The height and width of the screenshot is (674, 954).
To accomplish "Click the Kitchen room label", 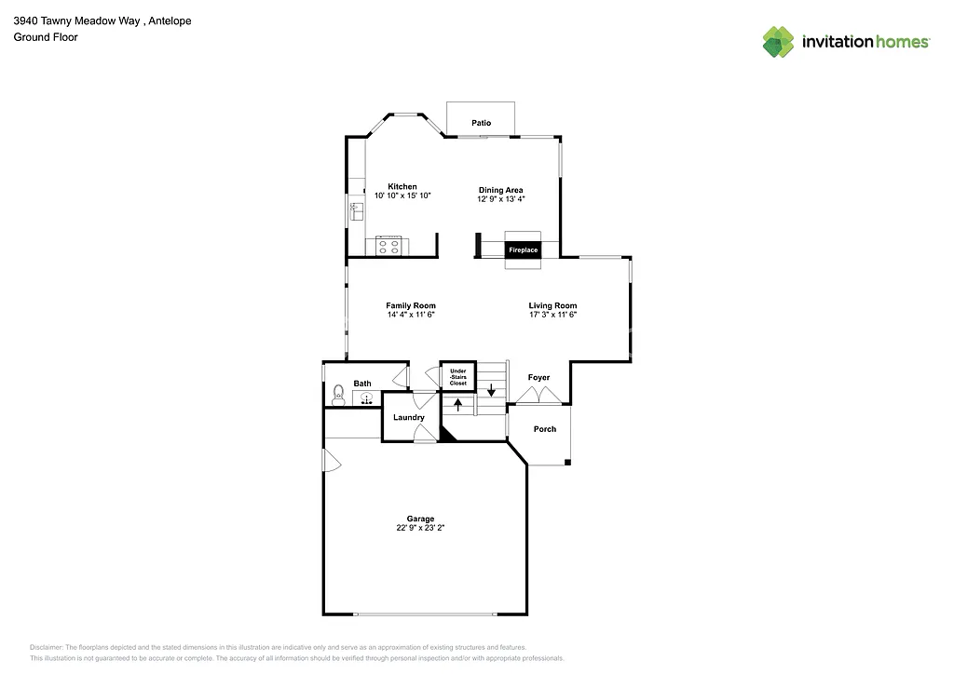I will pyautogui.click(x=402, y=187).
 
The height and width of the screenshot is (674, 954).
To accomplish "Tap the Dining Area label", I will pyautogui.click(x=500, y=190).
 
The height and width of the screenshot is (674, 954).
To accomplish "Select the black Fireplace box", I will pyautogui.click(x=523, y=250).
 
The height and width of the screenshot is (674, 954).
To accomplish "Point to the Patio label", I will pyautogui.click(x=481, y=123).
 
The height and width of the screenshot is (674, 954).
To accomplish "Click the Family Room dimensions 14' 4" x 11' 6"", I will pyautogui.click(x=411, y=315).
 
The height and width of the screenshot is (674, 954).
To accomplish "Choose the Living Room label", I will pyautogui.click(x=552, y=305).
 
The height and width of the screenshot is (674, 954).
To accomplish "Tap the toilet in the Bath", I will pyautogui.click(x=337, y=398).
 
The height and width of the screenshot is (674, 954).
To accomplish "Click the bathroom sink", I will pyautogui.click(x=367, y=398).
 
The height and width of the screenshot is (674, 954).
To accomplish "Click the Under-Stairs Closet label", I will pyautogui.click(x=457, y=377).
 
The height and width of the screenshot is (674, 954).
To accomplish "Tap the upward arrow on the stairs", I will pyautogui.click(x=457, y=403).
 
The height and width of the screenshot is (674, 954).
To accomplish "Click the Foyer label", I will pyautogui.click(x=538, y=377).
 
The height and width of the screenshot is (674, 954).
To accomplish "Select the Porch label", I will pyautogui.click(x=545, y=429).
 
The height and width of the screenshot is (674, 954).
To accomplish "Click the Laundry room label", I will pyautogui.click(x=409, y=417).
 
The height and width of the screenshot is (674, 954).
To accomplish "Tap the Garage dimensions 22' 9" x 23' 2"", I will pyautogui.click(x=420, y=528).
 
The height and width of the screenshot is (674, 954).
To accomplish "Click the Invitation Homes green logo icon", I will pyautogui.click(x=778, y=41).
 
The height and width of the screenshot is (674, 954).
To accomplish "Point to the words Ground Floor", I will pyautogui.click(x=46, y=37).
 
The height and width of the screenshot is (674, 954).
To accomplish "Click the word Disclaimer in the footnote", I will pyautogui.click(x=47, y=647).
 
